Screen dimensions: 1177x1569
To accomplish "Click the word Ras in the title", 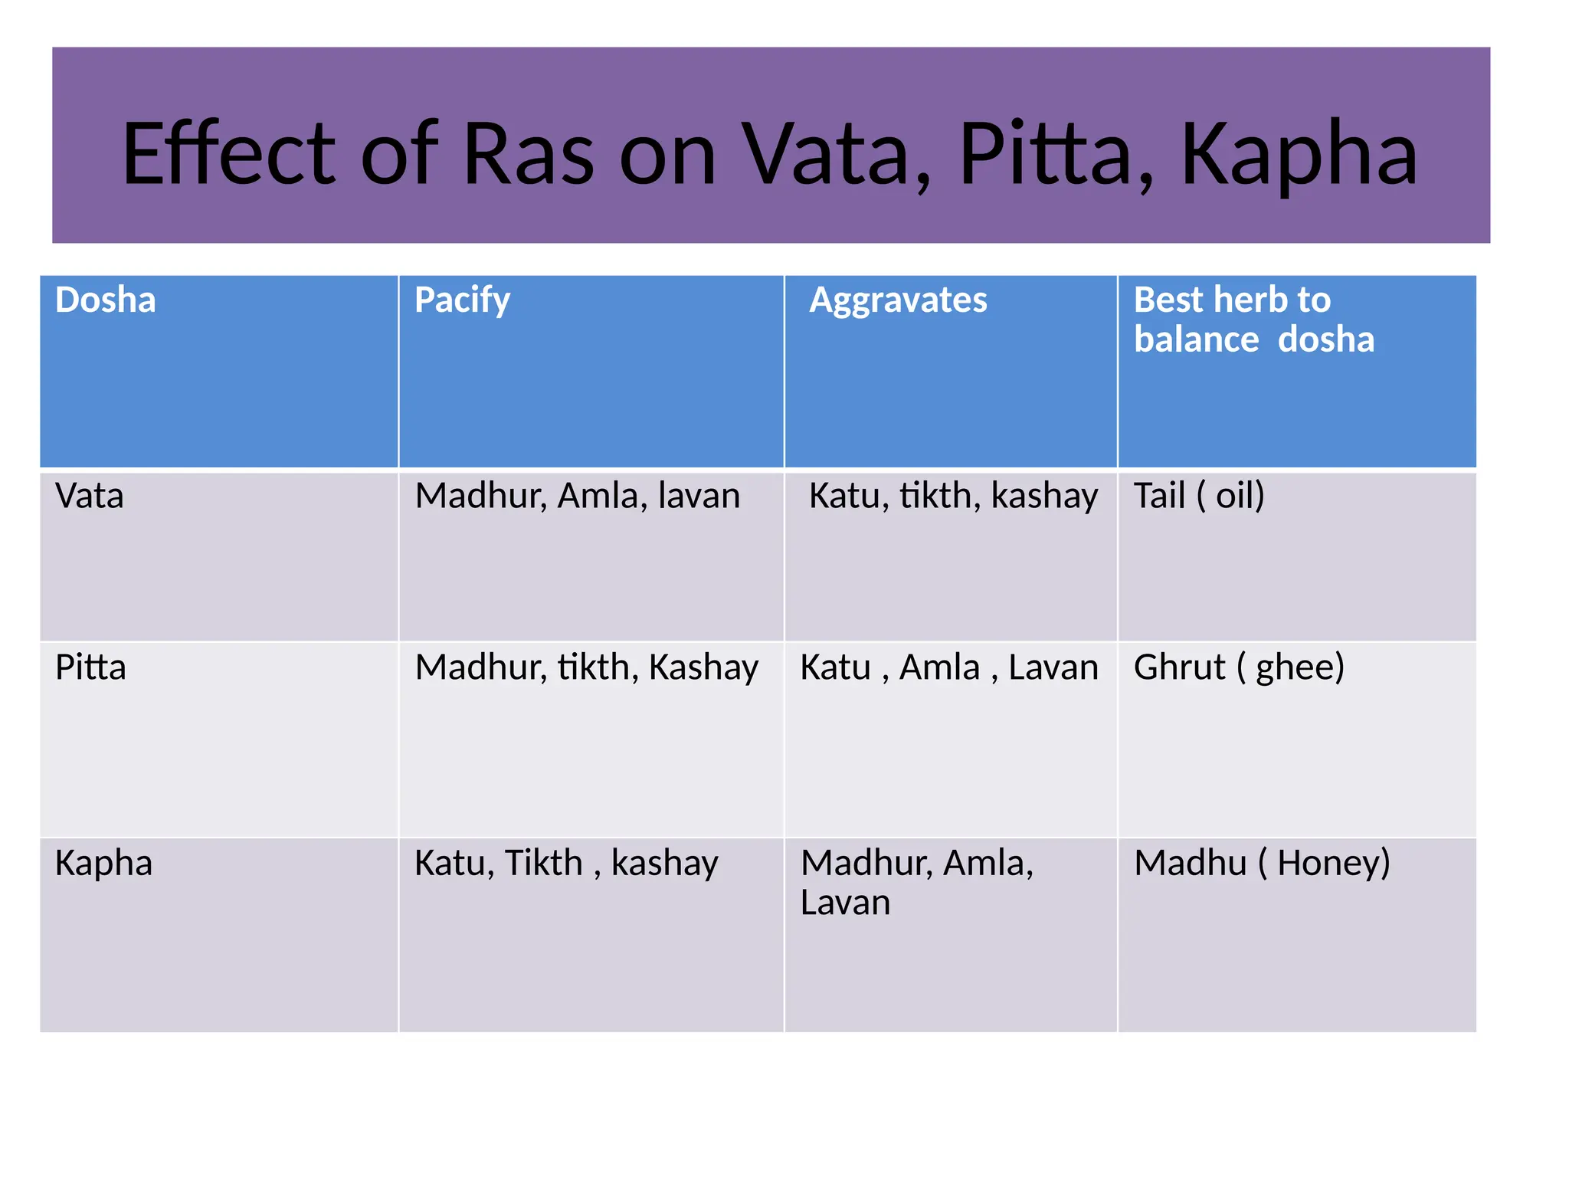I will pyautogui.click(x=529, y=155).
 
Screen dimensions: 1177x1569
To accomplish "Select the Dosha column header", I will pyautogui.click(x=106, y=300).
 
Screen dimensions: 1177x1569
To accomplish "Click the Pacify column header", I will pyautogui.click(x=462, y=300).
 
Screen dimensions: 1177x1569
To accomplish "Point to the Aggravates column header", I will pyautogui.click(x=898, y=300).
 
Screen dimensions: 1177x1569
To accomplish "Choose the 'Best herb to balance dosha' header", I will pyautogui.click(x=1253, y=320).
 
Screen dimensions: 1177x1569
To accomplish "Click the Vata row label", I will pyautogui.click(x=89, y=496).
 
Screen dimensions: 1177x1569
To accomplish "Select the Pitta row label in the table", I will pyautogui.click(x=90, y=667).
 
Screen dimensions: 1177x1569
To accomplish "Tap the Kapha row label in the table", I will pyautogui.click(x=103, y=864).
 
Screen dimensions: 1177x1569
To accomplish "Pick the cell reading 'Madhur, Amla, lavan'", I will pyautogui.click(x=577, y=496).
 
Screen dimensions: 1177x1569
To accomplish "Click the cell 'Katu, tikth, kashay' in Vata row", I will pyautogui.click(x=953, y=496).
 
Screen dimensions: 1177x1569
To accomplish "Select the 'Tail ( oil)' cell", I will pyautogui.click(x=1199, y=496).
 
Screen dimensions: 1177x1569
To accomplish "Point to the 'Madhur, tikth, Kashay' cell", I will pyautogui.click(x=586, y=667).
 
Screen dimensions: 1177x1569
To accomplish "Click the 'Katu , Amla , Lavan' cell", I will pyautogui.click(x=949, y=667).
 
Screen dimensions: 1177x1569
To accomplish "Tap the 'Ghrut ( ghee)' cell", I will pyautogui.click(x=1239, y=667).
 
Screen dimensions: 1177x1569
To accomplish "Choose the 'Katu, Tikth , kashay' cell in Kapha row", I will pyautogui.click(x=566, y=864).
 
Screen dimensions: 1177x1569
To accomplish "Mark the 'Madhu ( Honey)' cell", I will pyautogui.click(x=1262, y=864).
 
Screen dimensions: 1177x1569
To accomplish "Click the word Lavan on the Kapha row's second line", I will pyautogui.click(x=845, y=903).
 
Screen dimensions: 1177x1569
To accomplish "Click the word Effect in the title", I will pyautogui.click(x=228, y=155).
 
